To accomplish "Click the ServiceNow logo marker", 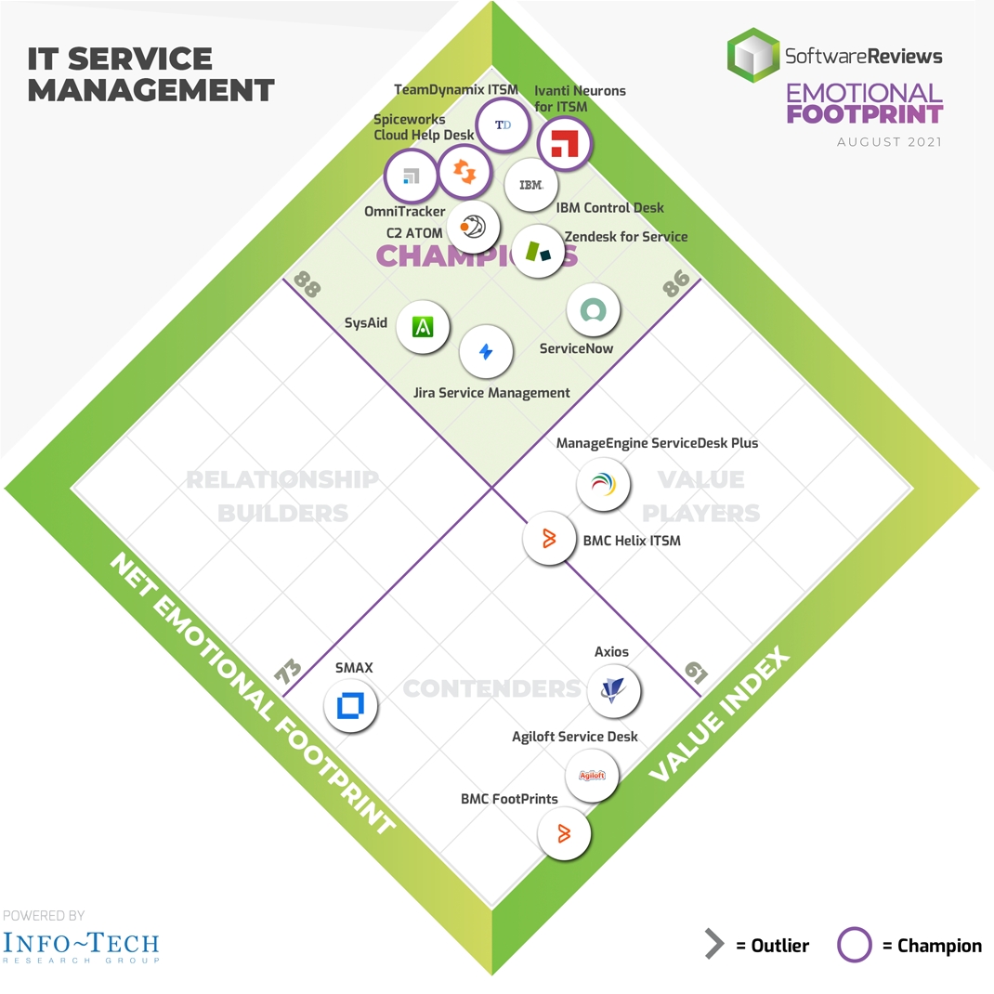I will coord(593,310).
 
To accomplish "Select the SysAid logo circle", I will coord(424,327).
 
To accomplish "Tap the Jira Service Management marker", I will coord(486,352).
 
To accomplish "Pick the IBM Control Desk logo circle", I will coord(531,185).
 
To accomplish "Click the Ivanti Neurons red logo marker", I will coord(565,144).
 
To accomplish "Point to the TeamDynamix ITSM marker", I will coord(503,125).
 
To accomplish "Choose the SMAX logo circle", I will coord(351,706).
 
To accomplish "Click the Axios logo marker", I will coord(614,690).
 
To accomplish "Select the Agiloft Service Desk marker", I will coord(592,775).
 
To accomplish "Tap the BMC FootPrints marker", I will coord(564,832).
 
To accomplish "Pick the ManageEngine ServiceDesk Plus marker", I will coord(603,483).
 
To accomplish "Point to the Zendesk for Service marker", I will coord(539,251).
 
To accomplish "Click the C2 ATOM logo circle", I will coord(473,226).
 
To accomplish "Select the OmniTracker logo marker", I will coord(412,177).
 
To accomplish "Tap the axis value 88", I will coord(307,282).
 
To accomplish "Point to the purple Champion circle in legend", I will coord(855,946).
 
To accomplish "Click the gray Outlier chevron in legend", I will coord(713,946).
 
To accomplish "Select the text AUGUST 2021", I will coord(889,142).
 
